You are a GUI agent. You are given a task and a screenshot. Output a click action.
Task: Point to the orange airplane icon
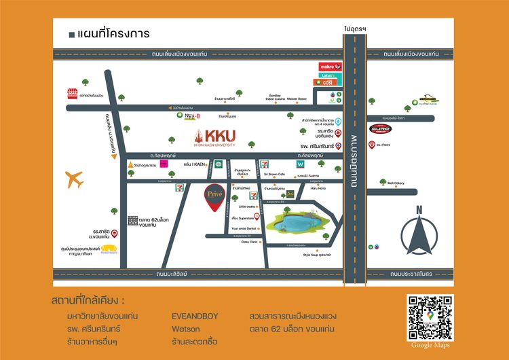(x=75, y=180)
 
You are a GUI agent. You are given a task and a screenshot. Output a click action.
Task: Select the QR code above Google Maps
(x=430, y=317)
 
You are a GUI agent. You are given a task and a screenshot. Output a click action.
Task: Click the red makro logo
(x=330, y=67)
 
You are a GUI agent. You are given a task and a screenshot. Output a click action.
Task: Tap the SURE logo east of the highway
(x=380, y=128)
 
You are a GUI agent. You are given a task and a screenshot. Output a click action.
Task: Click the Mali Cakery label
(x=396, y=183)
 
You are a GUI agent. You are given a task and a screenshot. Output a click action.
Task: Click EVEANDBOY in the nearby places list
(x=195, y=317)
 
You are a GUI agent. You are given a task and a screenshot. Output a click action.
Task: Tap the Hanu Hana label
(x=318, y=188)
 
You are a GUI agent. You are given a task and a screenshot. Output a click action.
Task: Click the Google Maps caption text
(x=430, y=346)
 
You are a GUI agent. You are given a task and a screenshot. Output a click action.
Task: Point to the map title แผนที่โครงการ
(x=113, y=34)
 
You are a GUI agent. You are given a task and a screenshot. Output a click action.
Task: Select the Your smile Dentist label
(x=244, y=229)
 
